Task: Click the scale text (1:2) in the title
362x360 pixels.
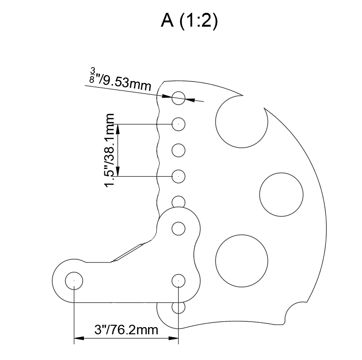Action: pyautogui.click(x=199, y=21)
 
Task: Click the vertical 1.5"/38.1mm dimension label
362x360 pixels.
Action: pyautogui.click(x=111, y=150)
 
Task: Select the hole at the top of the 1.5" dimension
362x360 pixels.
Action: pyautogui.click(x=178, y=124)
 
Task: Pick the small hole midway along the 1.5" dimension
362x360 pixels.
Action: pyautogui.click(x=178, y=150)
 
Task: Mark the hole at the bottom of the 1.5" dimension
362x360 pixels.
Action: pyautogui.click(x=178, y=176)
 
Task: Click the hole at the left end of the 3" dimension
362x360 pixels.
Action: pyautogui.click(x=74, y=280)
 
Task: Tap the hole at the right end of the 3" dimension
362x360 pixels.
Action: pyautogui.click(x=178, y=280)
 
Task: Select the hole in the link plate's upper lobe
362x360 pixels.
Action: pyautogui.click(x=178, y=229)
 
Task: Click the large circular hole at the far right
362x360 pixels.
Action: pyautogui.click(x=281, y=193)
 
